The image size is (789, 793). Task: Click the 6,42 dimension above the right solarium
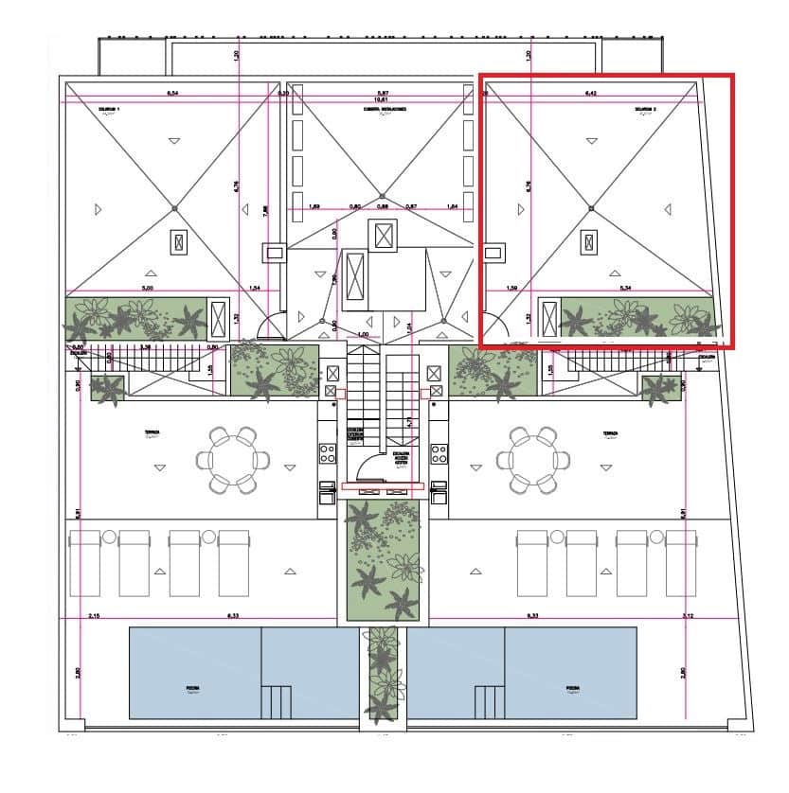click(x=590, y=94)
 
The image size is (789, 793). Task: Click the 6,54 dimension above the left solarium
click(x=173, y=94)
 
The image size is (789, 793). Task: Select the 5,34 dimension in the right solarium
click(x=625, y=287)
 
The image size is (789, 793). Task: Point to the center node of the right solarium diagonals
click(x=591, y=208)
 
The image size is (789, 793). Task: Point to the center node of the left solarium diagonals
click(x=174, y=208)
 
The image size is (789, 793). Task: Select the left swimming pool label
click(x=193, y=689)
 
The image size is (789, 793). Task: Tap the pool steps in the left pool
click(x=277, y=703)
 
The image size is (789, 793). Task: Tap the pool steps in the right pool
click(x=488, y=703)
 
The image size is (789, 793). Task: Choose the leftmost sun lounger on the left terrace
click(x=85, y=563)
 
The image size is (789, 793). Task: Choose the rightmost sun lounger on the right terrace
click(x=680, y=563)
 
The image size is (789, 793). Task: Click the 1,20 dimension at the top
click(x=236, y=56)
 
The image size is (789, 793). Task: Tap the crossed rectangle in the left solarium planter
click(x=218, y=317)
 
